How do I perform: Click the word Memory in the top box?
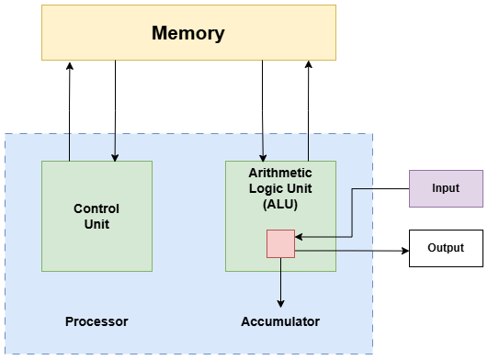coord(187,34)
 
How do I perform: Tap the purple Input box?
coord(446,188)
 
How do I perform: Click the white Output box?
coord(446,248)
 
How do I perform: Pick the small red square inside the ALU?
coord(280,243)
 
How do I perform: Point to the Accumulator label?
coord(280,322)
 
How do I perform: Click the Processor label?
coord(96,322)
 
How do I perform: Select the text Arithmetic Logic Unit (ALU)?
coord(280,188)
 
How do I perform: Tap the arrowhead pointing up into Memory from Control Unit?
coord(70,66)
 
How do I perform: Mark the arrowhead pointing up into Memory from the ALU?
coord(309,66)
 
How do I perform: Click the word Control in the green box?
coord(96,208)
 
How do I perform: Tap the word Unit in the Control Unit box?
coord(96,223)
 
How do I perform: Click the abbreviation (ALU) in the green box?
coord(280,204)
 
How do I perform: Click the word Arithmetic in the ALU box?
coord(280,173)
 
